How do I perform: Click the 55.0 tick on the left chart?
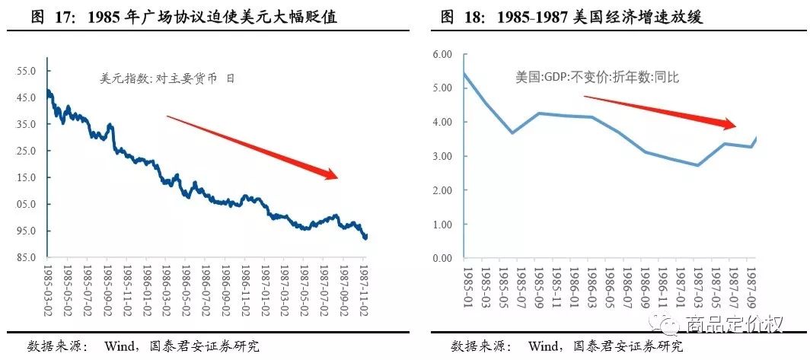27,71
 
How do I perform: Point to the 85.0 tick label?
27,257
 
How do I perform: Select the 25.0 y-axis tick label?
27,151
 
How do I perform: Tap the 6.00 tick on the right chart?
442,54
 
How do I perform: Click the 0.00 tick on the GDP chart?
442,259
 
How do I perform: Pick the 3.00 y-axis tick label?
442,156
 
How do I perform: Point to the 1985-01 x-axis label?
465,288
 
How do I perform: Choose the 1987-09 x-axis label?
751,288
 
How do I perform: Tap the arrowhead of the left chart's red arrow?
333,176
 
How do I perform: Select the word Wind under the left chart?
120,346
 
